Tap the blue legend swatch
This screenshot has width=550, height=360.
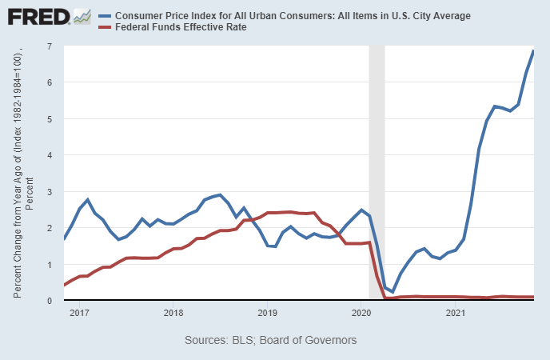point(103,16)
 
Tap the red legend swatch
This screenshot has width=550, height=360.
point(103,27)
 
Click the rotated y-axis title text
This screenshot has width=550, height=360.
point(22,172)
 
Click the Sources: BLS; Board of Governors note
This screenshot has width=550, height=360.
point(270,341)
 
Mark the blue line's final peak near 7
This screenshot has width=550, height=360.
point(533,51)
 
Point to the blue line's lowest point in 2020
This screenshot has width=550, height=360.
point(393,292)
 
